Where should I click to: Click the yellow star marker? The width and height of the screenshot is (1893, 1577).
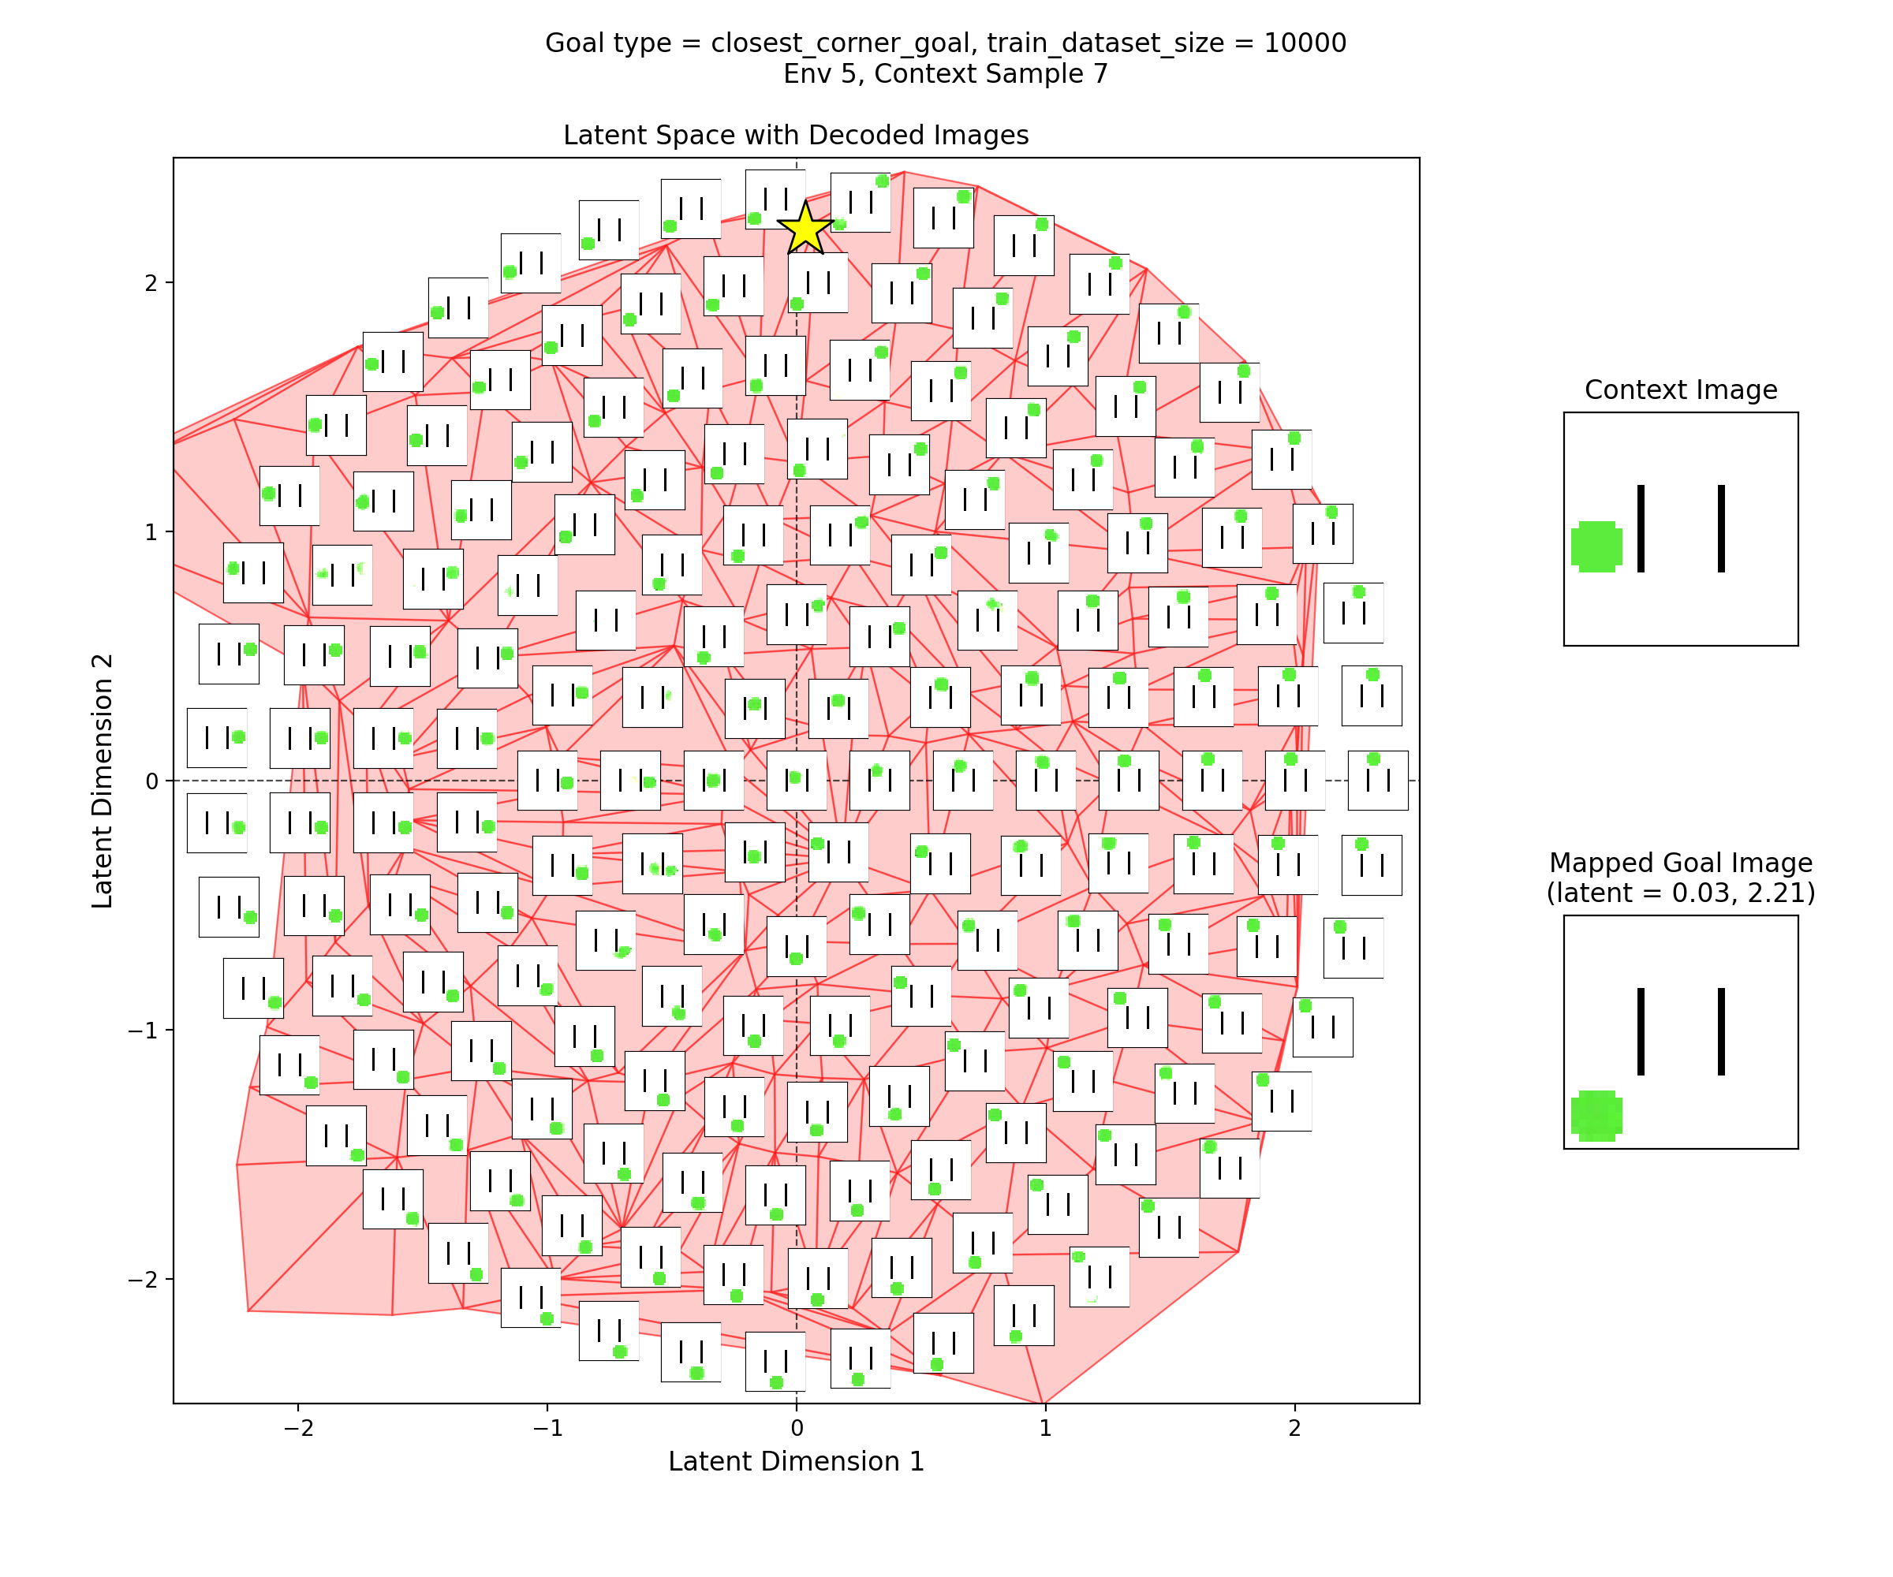coord(804,228)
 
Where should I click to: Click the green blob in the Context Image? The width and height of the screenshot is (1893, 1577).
coord(1596,546)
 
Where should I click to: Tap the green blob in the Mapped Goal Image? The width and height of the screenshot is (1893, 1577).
coord(1596,1115)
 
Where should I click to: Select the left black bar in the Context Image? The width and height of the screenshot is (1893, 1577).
coord(1641,528)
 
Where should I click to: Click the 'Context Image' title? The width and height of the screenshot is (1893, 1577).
coord(1680,390)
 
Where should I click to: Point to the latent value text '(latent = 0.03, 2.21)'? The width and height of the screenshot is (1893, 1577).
coord(1680,893)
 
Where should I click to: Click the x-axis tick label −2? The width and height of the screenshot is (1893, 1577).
coord(297,1428)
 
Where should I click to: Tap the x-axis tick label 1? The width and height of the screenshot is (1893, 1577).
coord(1045,1428)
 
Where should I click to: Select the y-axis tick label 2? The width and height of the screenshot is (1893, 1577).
coord(151,283)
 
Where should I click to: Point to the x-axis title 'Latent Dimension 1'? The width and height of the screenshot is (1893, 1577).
coord(796,1462)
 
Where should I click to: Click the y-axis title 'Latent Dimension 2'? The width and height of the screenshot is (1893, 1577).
coord(103,781)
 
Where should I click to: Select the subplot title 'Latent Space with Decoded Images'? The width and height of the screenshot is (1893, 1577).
coord(796,135)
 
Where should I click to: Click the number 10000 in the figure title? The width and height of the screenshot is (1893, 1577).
coord(1305,43)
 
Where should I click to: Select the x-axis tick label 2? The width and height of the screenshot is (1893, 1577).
coord(1294,1428)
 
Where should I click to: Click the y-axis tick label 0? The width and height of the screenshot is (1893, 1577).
coord(151,781)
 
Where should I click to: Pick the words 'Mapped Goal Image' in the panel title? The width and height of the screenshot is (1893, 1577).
coord(1680,863)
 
